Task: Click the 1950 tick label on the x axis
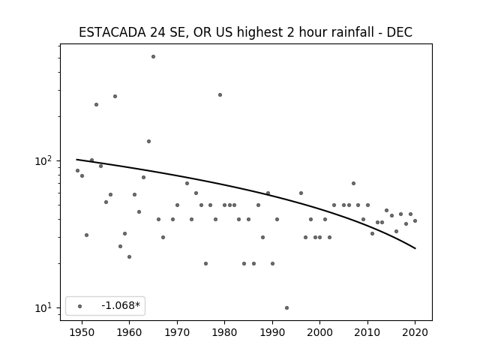[82, 332]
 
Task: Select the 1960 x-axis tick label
[129, 332]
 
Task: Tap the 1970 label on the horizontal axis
[177, 332]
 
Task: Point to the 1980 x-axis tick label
[224, 332]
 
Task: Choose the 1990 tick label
[272, 332]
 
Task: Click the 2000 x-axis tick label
[319, 332]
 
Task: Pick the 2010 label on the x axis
[367, 332]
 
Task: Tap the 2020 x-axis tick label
[415, 332]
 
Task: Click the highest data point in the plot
[153, 57]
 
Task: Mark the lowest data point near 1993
[286, 308]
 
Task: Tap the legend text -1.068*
[121, 305]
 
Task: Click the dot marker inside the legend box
[80, 306]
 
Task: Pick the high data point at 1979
[220, 95]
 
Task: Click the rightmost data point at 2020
[415, 220]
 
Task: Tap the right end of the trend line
[415, 248]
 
